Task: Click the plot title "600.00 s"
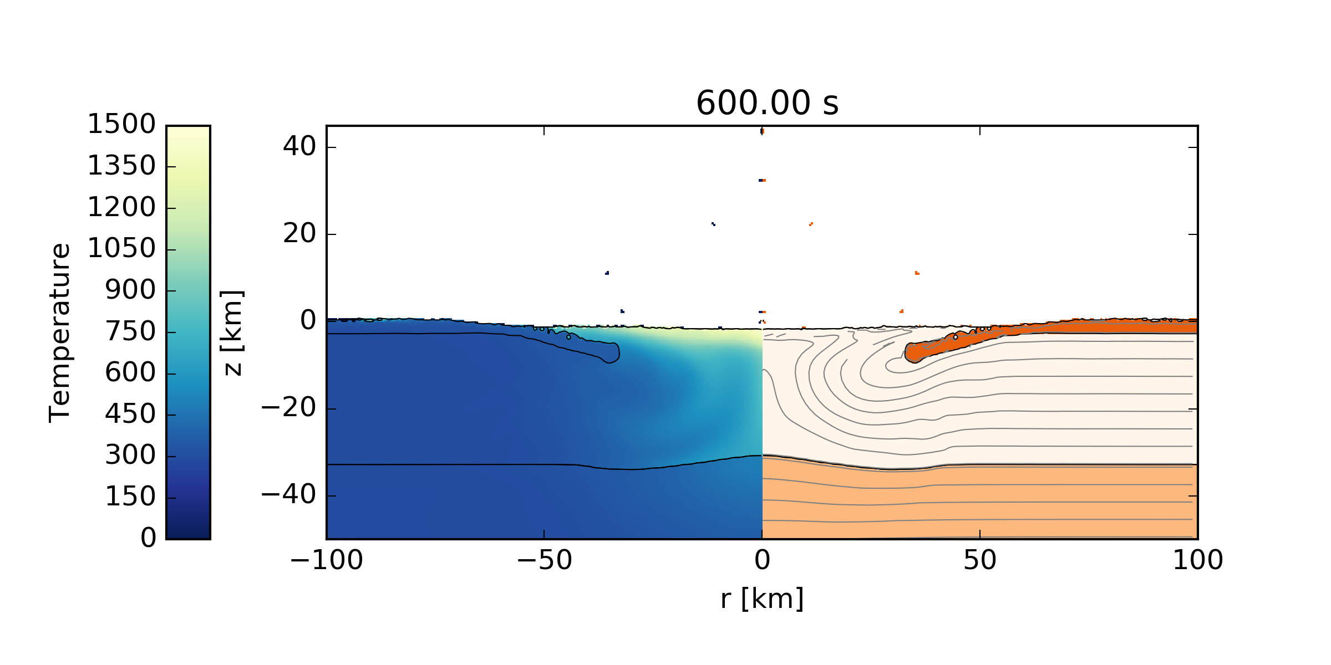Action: pos(767,104)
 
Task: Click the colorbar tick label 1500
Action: pos(121,124)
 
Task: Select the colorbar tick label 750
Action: pos(130,332)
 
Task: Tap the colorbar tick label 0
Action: pos(148,538)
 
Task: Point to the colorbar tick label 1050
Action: pos(121,248)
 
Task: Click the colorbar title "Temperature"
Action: pos(60,332)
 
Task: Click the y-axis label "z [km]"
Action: pos(232,332)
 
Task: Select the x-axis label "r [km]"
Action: pos(762,599)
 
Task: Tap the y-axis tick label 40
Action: pos(299,147)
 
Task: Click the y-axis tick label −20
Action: pos(288,408)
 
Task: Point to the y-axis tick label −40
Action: pos(288,495)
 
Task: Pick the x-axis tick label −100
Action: pos(326,560)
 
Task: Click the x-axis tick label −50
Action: pos(544,560)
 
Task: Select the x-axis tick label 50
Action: pos(979,560)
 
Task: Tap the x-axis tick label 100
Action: pos(1197,560)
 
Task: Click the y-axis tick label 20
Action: pos(299,234)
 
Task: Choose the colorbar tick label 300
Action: pos(130,456)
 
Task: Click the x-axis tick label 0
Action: pos(762,560)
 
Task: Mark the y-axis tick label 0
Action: pos(308,321)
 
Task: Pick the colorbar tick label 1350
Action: pos(121,166)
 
